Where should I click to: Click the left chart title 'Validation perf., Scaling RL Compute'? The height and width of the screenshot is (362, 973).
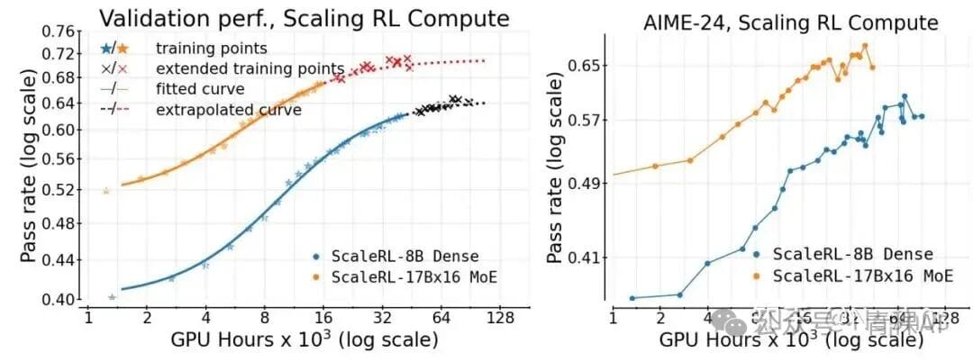click(x=303, y=18)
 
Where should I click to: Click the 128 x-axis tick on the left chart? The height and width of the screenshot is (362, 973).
click(x=500, y=318)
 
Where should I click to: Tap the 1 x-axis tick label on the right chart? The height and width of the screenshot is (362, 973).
click(x=613, y=318)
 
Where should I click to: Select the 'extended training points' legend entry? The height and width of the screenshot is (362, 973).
click(x=250, y=68)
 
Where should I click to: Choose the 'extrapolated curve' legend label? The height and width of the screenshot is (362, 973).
click(x=228, y=110)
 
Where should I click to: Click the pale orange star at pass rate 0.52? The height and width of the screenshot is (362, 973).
click(x=106, y=191)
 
